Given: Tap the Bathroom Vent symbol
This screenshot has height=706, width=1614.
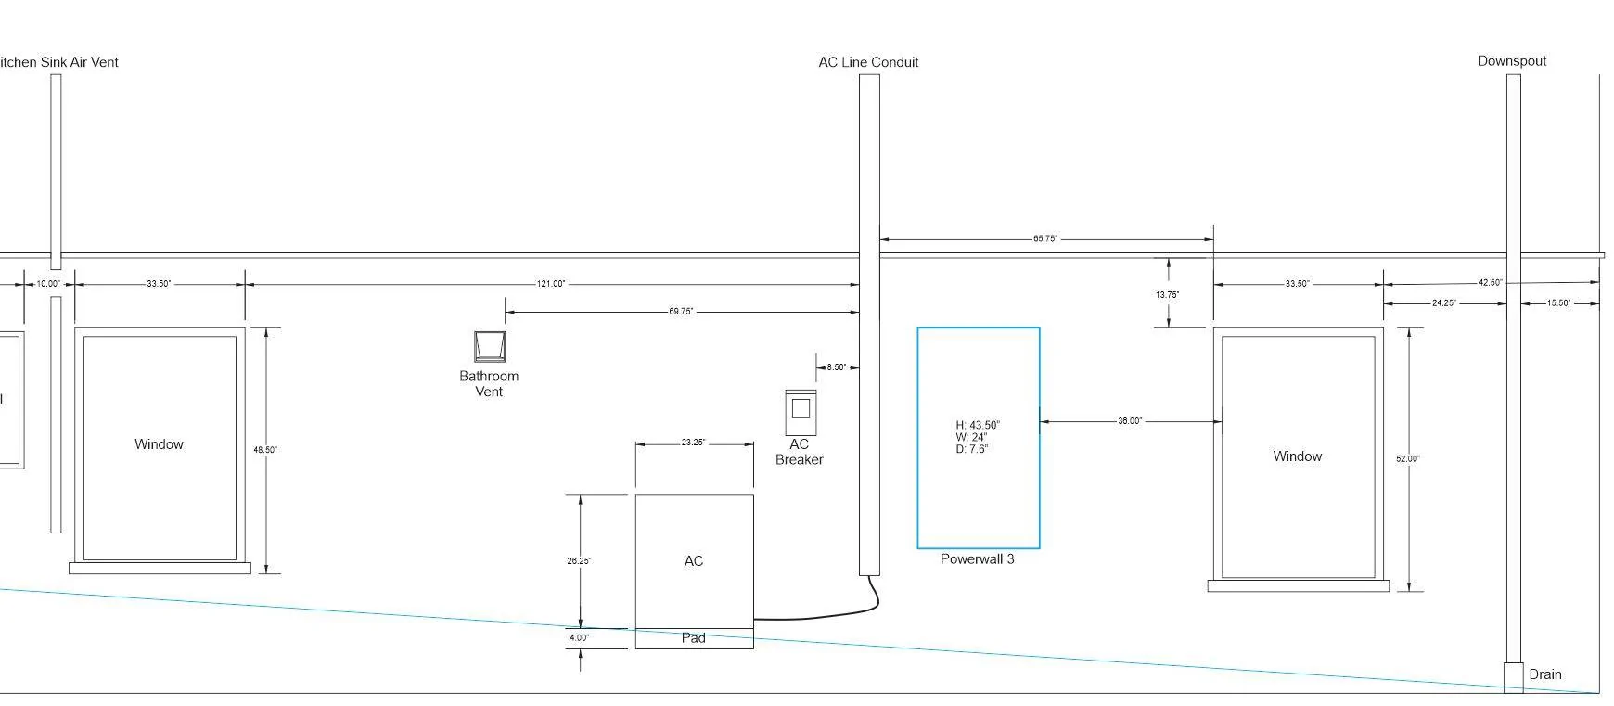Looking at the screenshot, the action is pos(490,346).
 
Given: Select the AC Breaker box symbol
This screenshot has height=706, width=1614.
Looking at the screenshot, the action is pos(801,413).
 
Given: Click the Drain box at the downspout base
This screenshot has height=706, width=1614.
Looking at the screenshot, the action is pos(1513,676).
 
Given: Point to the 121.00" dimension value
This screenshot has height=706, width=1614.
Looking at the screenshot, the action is pos(551,284).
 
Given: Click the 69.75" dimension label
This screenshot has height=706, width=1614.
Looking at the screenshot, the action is pos(681,312).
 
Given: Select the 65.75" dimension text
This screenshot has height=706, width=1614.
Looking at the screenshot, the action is pos(1045,239).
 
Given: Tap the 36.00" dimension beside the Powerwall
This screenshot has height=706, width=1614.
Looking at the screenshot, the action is pos(1130,421).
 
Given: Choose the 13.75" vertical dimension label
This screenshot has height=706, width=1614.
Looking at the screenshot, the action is pos(1167,295).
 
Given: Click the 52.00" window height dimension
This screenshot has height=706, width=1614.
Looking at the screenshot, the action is pos(1408,459).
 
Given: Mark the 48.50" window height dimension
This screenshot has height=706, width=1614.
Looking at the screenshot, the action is pos(265,450).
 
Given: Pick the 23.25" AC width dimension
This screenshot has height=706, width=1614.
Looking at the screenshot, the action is pos(693,443).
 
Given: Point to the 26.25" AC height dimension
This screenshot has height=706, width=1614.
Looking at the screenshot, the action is pos(579,561).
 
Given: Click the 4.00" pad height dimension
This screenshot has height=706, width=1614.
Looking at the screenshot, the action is pos(579,638).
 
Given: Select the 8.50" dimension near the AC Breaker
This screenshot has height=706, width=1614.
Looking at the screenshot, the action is pos(836,367).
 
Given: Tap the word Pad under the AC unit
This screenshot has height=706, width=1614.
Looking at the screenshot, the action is pos(694,638).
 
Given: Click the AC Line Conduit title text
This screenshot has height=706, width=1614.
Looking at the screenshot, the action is pos(868,62).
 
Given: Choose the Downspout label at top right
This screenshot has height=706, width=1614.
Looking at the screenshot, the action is pos(1512,61).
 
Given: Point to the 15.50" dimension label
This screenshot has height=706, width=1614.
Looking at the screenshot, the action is pos(1558,303).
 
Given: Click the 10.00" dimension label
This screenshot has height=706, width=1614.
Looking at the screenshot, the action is pos(48,284).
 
